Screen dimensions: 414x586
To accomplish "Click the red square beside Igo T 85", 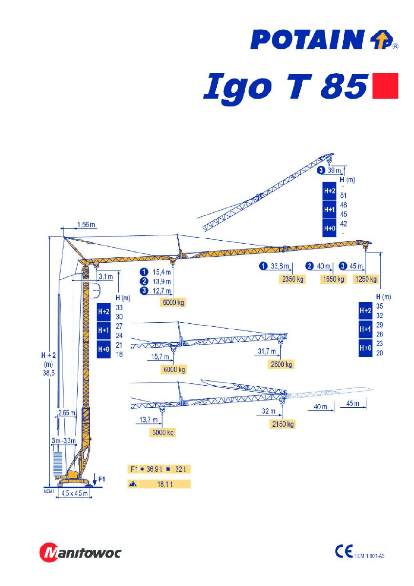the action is click(x=385, y=86).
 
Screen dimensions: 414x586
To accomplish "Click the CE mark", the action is click(x=344, y=551).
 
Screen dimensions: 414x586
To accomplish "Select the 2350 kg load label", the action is click(x=292, y=279).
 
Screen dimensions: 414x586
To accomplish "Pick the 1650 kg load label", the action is click(x=333, y=279).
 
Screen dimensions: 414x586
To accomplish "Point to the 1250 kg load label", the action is click(x=366, y=279).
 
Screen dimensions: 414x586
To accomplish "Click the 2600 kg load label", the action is click(x=281, y=364).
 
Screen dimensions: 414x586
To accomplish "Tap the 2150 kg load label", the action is click(x=283, y=424).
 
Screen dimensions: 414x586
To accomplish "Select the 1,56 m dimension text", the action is click(x=86, y=225).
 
